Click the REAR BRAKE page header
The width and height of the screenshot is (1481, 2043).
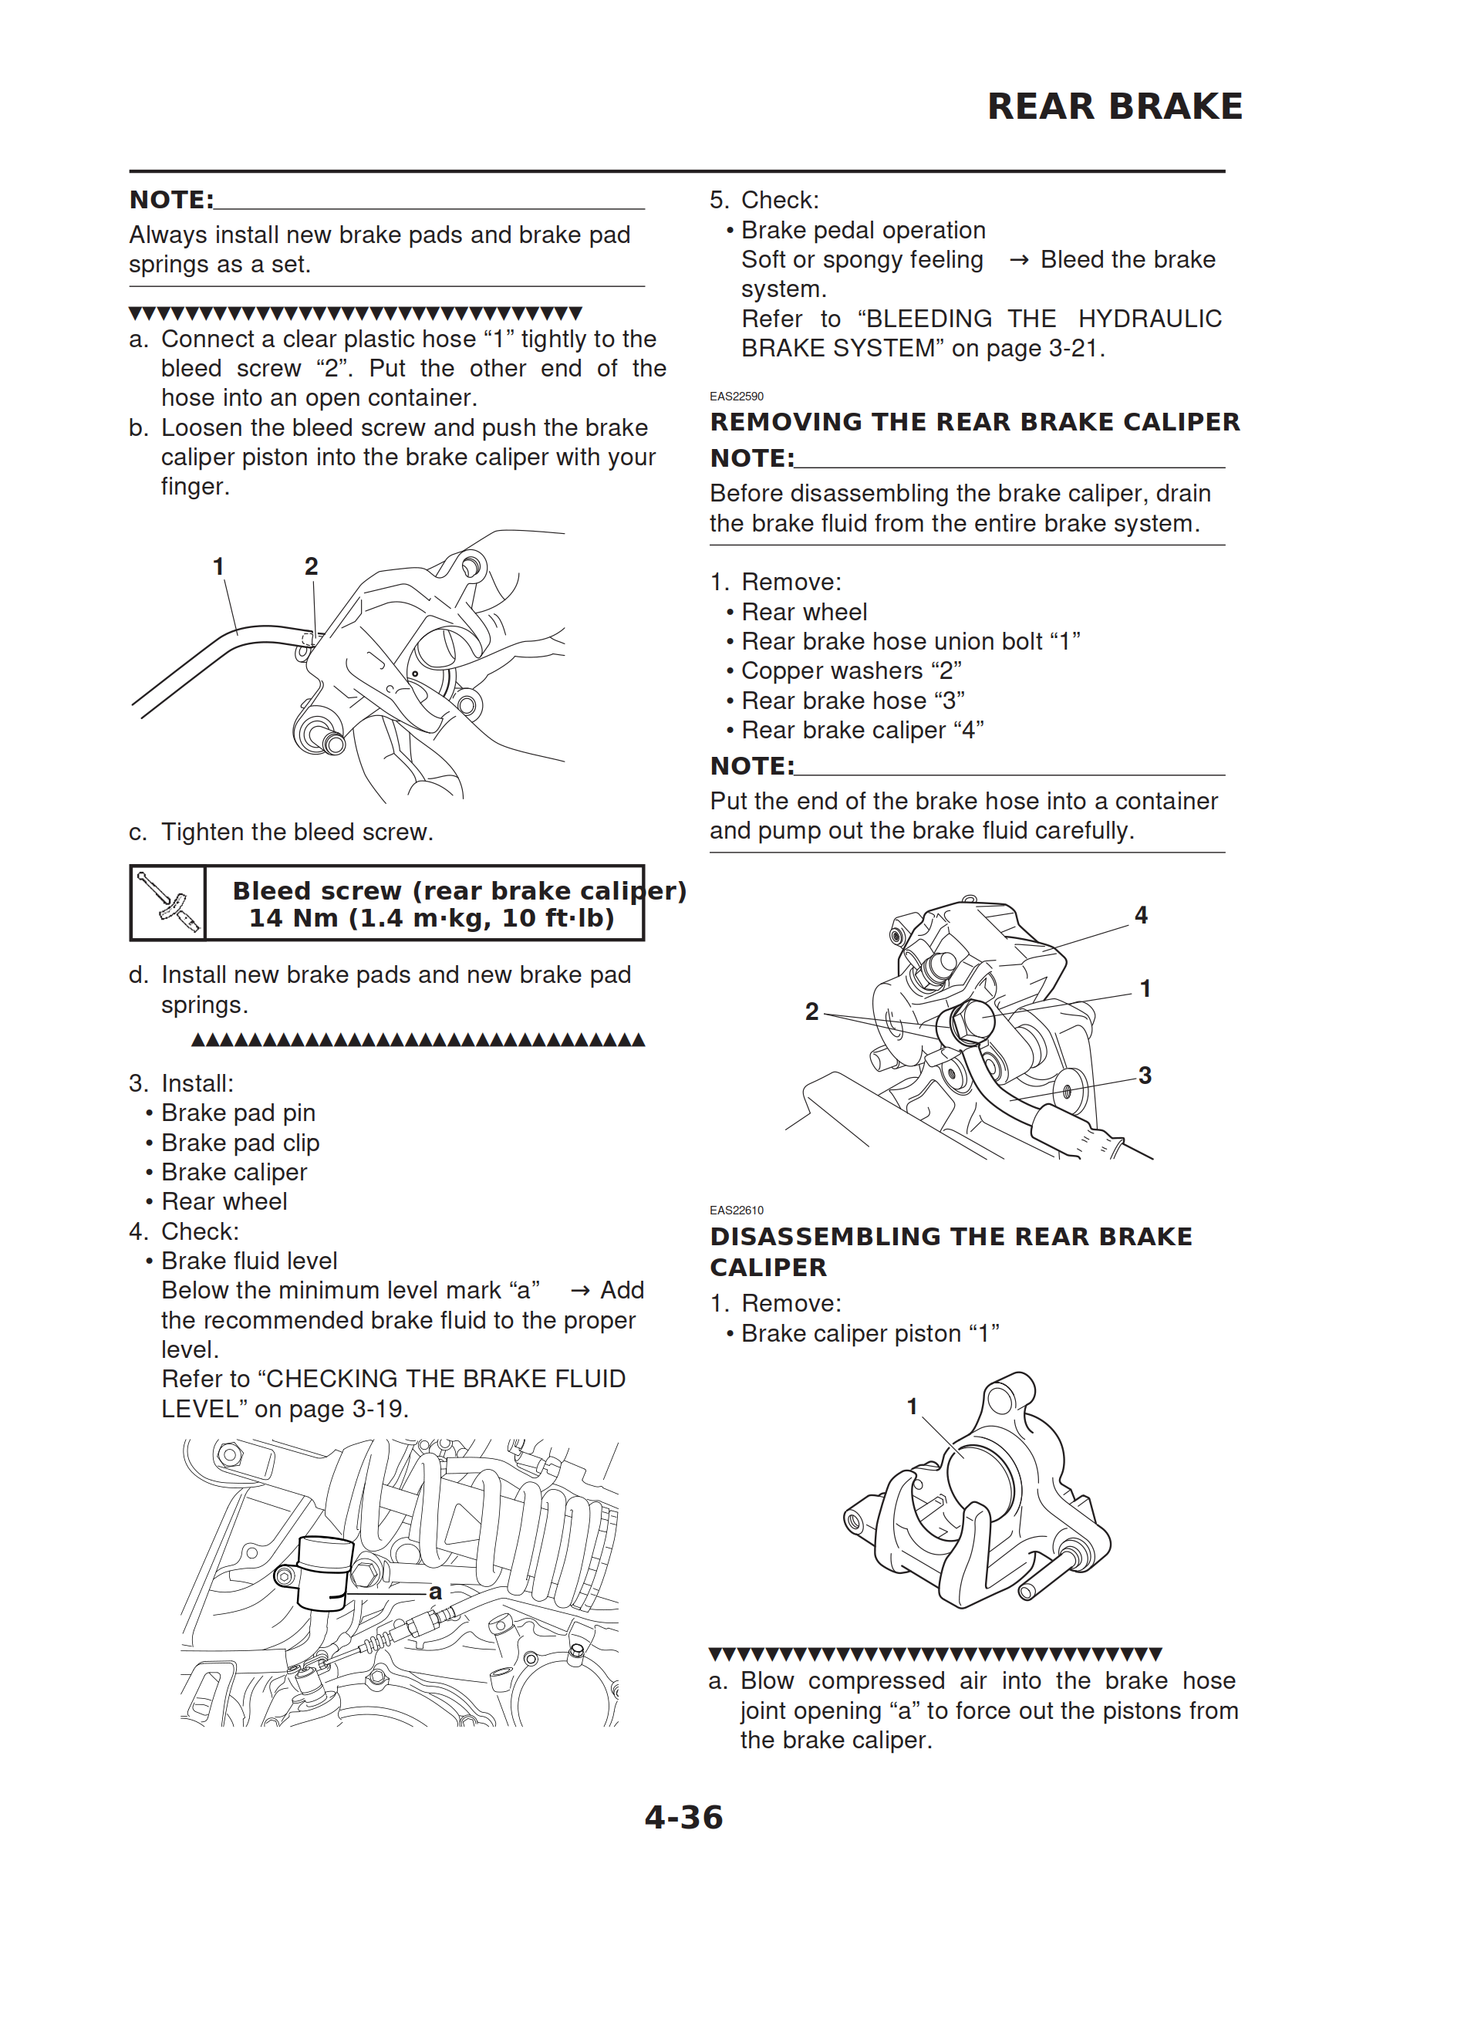coord(1115,106)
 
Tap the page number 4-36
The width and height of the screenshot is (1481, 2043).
coord(683,1817)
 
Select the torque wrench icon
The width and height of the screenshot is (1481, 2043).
coord(168,903)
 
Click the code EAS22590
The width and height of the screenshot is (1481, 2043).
coord(736,397)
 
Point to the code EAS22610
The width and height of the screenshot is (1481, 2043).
coord(736,1210)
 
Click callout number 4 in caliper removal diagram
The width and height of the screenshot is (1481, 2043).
coord(1142,915)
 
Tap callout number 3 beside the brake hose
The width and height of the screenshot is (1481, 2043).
coord(1145,1075)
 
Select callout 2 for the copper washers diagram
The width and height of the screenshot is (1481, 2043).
coord(811,1011)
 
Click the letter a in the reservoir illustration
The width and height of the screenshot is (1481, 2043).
coord(435,1592)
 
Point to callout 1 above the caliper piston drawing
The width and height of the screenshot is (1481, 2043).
coord(912,1406)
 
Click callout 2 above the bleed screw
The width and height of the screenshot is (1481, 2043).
coord(311,566)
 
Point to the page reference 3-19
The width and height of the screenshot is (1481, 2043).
coord(380,1409)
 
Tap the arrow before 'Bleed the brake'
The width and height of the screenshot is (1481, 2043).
coord(1019,260)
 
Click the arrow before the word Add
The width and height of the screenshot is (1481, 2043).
coord(581,1291)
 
